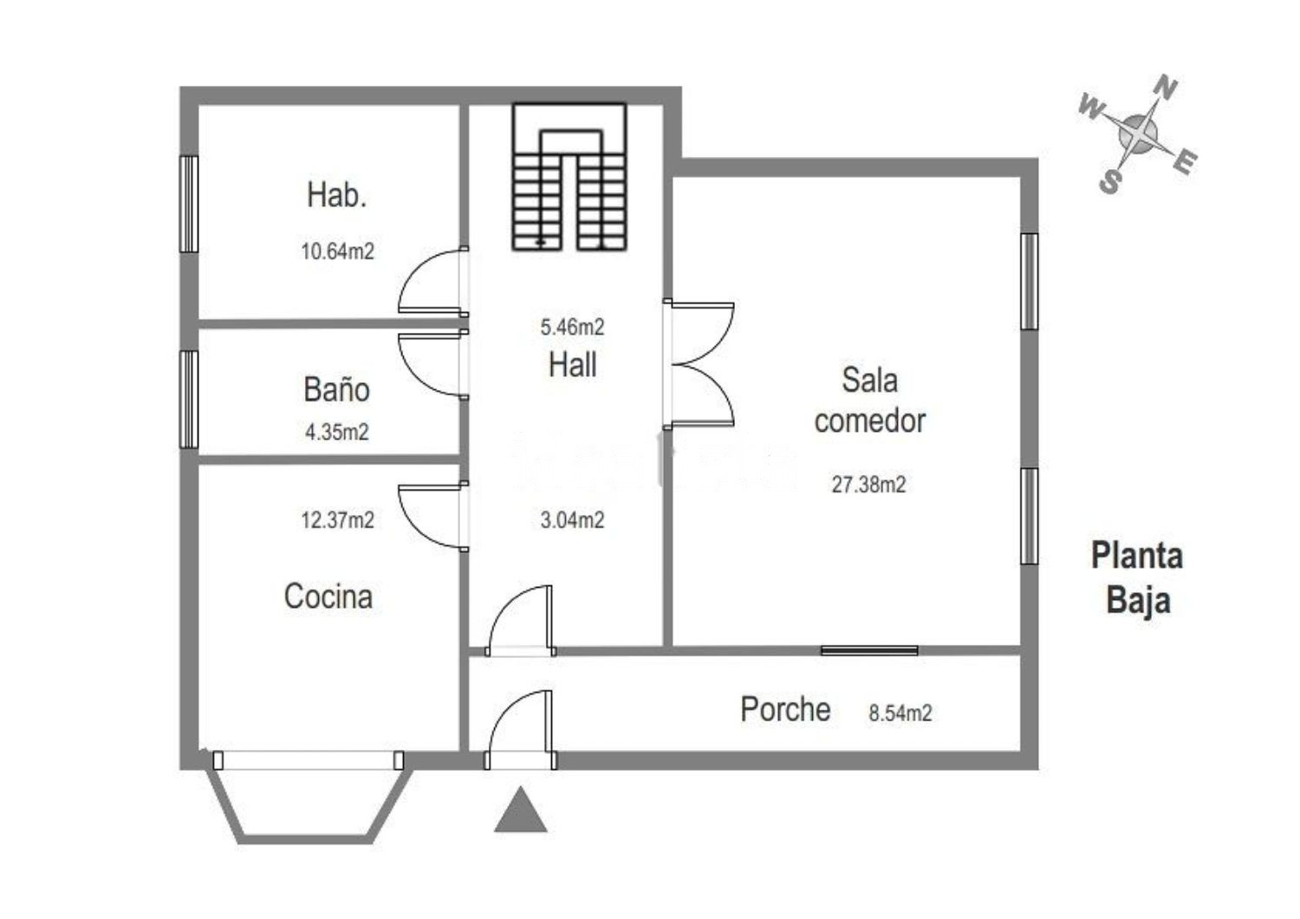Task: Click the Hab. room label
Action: tap(336, 195)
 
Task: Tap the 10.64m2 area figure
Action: tap(337, 251)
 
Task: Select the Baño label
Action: tap(336, 389)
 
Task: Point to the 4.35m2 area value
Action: tap(337, 432)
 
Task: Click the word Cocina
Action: tap(328, 596)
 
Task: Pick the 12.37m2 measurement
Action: tap(337, 519)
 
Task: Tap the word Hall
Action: tap(572, 365)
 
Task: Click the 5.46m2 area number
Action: tap(572, 328)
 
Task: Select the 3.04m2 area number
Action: tap(572, 520)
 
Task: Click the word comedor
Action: tap(869, 420)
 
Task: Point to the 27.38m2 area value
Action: tap(868, 484)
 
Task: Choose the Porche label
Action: tap(785, 709)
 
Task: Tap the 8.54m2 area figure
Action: tap(900, 713)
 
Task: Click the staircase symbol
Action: tap(569, 177)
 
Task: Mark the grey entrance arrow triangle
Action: tap(521, 810)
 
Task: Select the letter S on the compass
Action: tap(1109, 181)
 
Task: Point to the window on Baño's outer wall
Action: tap(189, 399)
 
